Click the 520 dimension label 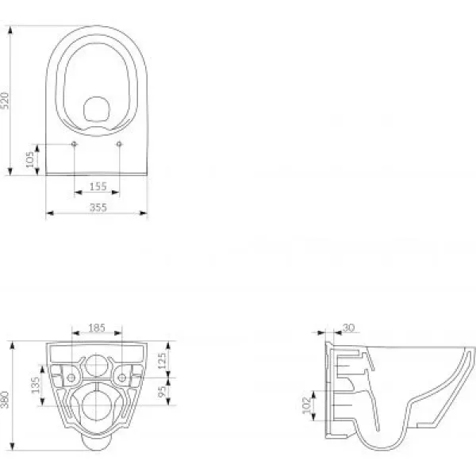coord(6,100)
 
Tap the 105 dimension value coord(30,159)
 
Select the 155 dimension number coord(98,186)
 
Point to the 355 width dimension coord(98,207)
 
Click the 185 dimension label coord(97,328)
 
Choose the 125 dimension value coord(163,360)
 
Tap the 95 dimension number coord(163,391)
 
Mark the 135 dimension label coord(36,385)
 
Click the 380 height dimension coord(6,400)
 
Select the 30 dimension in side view coord(348,328)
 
